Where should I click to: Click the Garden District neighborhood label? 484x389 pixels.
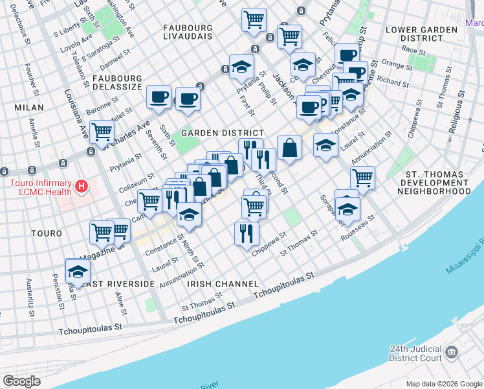coord(222,132)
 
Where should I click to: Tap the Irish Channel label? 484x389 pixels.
coord(223,284)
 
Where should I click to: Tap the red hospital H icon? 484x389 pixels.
coord(81,187)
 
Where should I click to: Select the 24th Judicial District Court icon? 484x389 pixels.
coord(452,353)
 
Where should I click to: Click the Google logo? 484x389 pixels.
coord(22,381)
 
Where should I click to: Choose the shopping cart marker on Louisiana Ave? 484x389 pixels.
coord(102,132)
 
